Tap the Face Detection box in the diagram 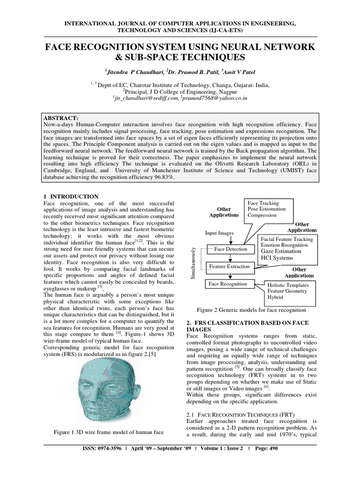pyautogui.click(x=230, y=249)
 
